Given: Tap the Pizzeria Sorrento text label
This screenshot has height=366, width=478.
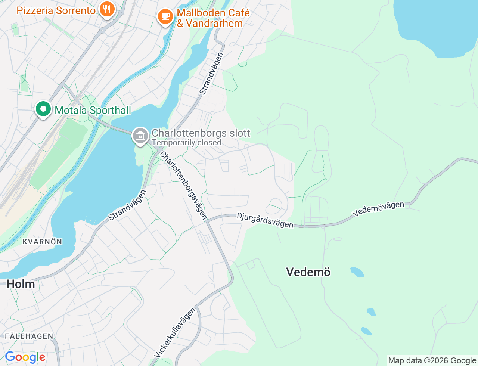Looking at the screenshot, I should (x=56, y=10).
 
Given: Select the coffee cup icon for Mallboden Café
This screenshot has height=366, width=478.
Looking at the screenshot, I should (x=165, y=16).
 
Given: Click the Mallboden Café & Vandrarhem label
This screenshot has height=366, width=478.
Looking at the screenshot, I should (x=213, y=18).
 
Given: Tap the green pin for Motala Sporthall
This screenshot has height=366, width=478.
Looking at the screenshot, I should (x=43, y=109).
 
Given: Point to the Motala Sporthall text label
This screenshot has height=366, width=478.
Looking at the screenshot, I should (x=93, y=110).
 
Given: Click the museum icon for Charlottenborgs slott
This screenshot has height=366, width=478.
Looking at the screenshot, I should (x=140, y=136).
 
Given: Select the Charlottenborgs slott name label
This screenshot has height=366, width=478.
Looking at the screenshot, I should (x=201, y=133).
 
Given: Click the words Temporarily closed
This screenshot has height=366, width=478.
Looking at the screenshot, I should (x=186, y=143).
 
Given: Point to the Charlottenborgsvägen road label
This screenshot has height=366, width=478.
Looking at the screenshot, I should (x=183, y=185).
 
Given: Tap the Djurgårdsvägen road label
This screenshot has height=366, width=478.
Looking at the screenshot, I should (x=265, y=220).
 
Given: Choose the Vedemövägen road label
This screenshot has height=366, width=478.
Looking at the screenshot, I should (x=378, y=209).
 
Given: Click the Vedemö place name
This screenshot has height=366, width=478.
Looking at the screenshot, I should (x=308, y=272).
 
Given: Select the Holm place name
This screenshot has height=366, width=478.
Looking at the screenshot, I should (x=21, y=284).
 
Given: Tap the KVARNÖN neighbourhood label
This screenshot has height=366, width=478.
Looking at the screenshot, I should (x=42, y=242).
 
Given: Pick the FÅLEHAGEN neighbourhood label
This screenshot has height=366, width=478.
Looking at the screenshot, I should (x=29, y=336).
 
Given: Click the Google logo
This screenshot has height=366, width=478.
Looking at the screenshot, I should (x=25, y=357).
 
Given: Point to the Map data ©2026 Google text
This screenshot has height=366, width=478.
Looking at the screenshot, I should (x=432, y=360).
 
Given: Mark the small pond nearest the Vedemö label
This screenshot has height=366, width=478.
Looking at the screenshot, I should (x=357, y=272).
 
